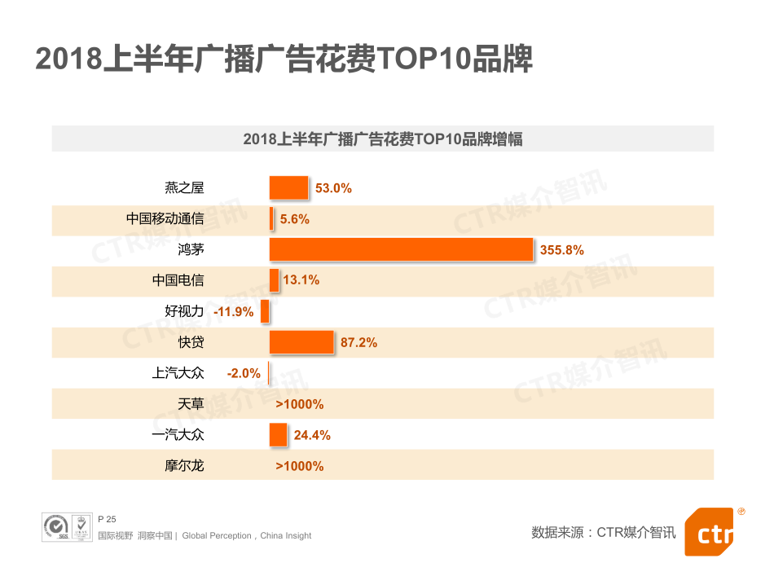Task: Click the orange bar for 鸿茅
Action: click(x=401, y=249)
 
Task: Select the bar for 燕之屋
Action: click(x=289, y=187)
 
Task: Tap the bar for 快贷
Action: click(x=301, y=342)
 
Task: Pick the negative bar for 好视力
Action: click(x=265, y=311)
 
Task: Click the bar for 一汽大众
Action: click(x=279, y=435)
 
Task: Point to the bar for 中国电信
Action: click(x=275, y=280)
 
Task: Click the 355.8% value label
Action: click(x=562, y=250)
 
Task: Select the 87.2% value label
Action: click(x=358, y=343)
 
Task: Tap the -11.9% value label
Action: click(x=234, y=311)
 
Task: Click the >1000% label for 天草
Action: click(x=300, y=404)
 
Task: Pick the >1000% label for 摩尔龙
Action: click(x=300, y=466)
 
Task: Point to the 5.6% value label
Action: click(x=295, y=219)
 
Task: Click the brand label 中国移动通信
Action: click(x=165, y=219)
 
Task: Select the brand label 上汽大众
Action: click(x=178, y=373)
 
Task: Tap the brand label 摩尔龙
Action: click(x=184, y=466)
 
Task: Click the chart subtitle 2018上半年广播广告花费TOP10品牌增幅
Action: click(x=383, y=139)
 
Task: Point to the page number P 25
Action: click(x=107, y=519)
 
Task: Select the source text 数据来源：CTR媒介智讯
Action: click(x=603, y=533)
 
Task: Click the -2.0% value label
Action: click(x=244, y=373)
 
